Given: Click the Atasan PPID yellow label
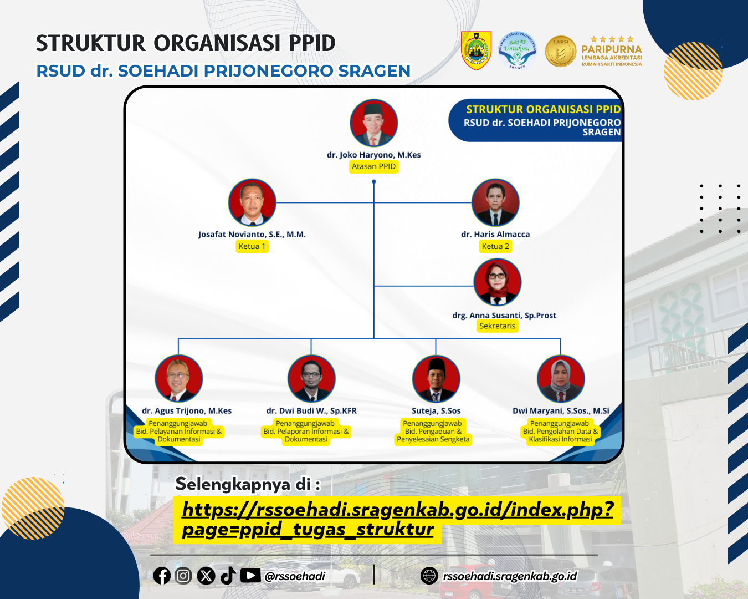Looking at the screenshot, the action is pyautogui.click(x=373, y=166).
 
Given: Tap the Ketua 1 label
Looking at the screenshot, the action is pyautogui.click(x=252, y=246).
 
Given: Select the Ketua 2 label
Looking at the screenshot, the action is pyautogui.click(x=495, y=246).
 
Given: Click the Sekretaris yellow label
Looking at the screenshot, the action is pyautogui.click(x=498, y=326).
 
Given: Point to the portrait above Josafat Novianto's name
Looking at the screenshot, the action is pyautogui.click(x=252, y=202).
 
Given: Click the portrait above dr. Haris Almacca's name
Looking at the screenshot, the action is pyautogui.click(x=495, y=202).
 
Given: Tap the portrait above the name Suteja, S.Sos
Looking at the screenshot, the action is pyautogui.click(x=436, y=378).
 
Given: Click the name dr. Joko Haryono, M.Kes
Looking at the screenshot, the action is pyautogui.click(x=373, y=155).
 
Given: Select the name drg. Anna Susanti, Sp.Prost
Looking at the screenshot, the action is pyautogui.click(x=504, y=316).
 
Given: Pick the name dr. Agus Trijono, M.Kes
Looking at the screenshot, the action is pyautogui.click(x=187, y=410).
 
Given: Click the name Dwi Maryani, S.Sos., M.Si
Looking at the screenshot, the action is pyautogui.click(x=561, y=410).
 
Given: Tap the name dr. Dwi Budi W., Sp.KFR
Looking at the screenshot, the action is pyautogui.click(x=311, y=410).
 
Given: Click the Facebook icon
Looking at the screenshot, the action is pyautogui.click(x=162, y=576).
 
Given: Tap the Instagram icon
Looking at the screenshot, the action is pyautogui.click(x=183, y=576).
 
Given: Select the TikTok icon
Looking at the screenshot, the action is pyautogui.click(x=228, y=576).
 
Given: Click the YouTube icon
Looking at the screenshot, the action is pyautogui.click(x=250, y=575).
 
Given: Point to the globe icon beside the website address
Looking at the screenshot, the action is pyautogui.click(x=429, y=576).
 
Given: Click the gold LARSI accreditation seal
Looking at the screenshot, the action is pyautogui.click(x=560, y=51).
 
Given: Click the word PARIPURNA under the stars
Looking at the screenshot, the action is pyautogui.click(x=612, y=49).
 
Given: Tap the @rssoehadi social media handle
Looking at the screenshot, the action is pyautogui.click(x=295, y=576).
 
